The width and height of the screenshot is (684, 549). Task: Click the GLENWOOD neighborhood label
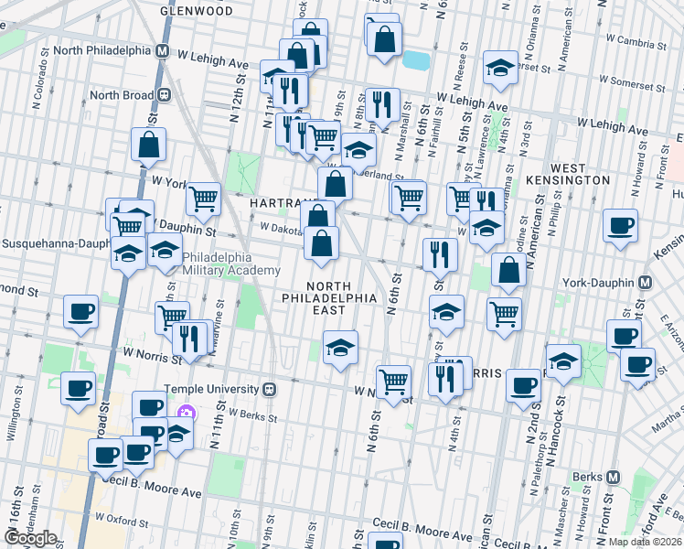pyautogui.click(x=196, y=11)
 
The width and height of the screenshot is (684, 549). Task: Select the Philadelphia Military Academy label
pyautogui.click(x=231, y=264)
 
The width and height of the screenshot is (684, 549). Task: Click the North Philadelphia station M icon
pyautogui.click(x=162, y=51)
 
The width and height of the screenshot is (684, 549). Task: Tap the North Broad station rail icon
pyautogui.click(x=166, y=94)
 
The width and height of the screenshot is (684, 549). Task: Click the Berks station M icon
pyautogui.click(x=613, y=477)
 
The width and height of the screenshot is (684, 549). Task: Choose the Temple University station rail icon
pyautogui.click(x=270, y=389)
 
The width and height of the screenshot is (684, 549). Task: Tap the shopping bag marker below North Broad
pyautogui.click(x=148, y=145)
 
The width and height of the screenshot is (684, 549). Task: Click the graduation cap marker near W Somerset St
pyautogui.click(x=499, y=70)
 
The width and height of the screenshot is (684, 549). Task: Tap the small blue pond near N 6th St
pyautogui.click(x=416, y=60)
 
